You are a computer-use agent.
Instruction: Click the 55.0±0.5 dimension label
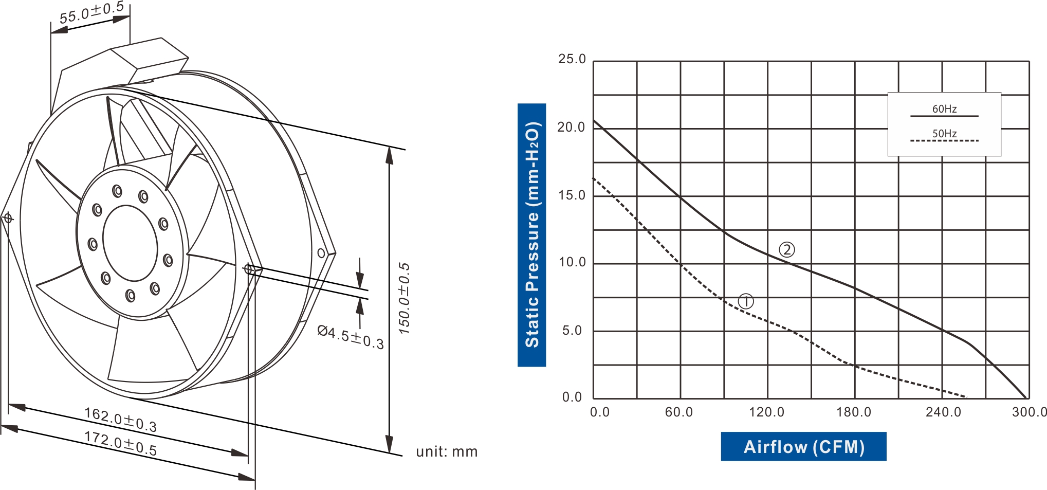point(91,13)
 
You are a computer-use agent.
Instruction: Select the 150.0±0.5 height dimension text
point(405,298)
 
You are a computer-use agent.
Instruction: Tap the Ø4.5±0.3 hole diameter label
point(351,337)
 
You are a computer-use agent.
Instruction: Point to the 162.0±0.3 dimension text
point(120,420)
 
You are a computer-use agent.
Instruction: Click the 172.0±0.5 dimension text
point(120,443)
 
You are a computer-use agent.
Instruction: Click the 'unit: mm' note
point(447,451)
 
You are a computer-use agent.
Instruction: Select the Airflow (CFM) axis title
point(803,446)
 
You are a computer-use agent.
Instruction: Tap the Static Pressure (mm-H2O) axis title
point(531,235)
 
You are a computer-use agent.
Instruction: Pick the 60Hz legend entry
point(944,109)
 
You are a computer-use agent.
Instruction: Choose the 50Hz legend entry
point(944,134)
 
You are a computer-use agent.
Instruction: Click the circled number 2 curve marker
point(786,250)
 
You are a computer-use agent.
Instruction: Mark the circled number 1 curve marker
point(745,301)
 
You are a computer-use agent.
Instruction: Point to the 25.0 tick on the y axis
point(572,59)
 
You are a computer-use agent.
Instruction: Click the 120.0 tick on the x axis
point(766,412)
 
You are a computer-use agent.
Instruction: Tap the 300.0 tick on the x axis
point(1029,412)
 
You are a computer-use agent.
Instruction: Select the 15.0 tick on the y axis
point(572,195)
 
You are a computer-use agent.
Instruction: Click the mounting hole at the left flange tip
point(8,219)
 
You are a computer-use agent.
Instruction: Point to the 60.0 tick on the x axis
point(678,412)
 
